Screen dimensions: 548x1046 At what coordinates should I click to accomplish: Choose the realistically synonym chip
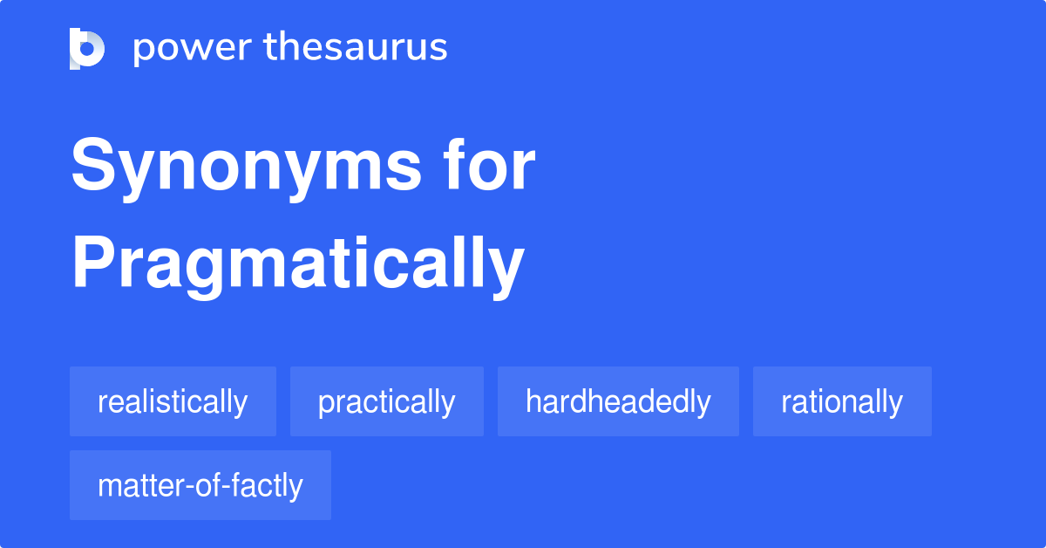(173, 401)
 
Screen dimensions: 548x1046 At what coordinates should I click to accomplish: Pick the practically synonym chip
(386, 401)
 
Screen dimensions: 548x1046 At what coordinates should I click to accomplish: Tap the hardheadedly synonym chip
(618, 401)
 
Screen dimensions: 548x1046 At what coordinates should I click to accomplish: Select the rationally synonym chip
(842, 401)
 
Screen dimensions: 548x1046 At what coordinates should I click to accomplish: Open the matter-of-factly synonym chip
(200, 485)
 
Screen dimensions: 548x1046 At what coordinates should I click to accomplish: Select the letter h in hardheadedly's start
(533, 401)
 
